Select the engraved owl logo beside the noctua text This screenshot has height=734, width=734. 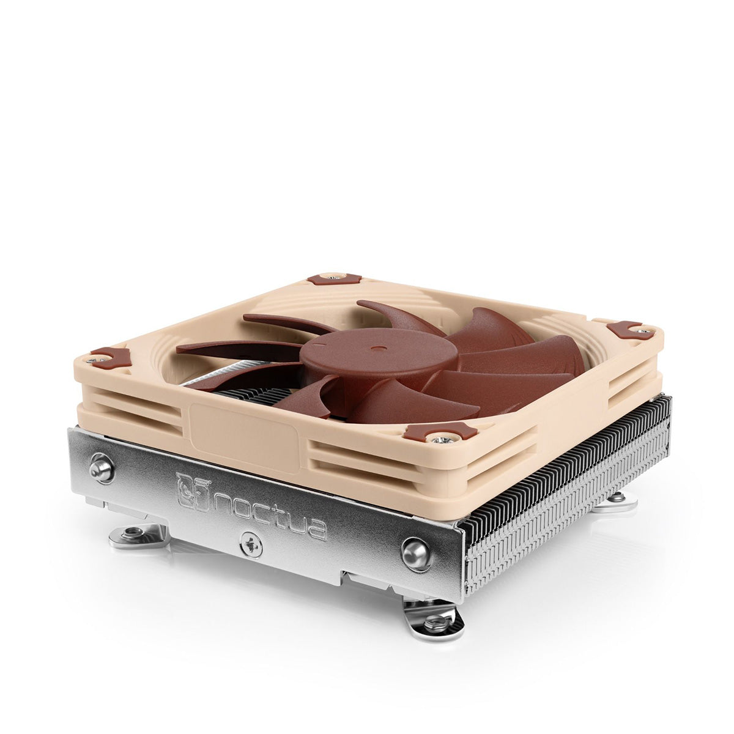[x=191, y=489]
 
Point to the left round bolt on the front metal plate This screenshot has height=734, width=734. [x=102, y=469]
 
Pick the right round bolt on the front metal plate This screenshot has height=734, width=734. [x=416, y=554]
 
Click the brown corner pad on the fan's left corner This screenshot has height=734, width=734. [x=111, y=358]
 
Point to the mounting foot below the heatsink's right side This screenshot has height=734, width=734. [x=617, y=502]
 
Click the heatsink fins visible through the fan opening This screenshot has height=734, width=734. [x=245, y=391]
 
